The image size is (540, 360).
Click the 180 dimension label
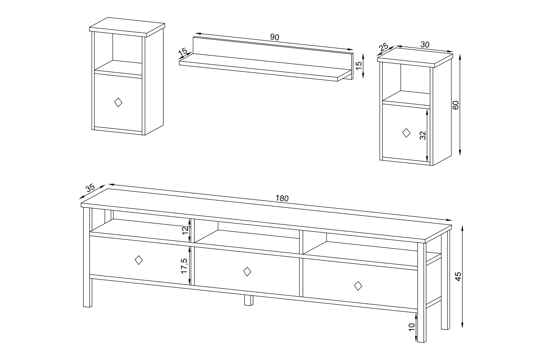(x=282, y=198)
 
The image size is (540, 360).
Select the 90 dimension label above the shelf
(x=274, y=37)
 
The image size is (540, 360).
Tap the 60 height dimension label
(x=456, y=105)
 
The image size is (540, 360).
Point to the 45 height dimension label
(x=458, y=276)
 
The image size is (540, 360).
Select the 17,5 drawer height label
(x=184, y=266)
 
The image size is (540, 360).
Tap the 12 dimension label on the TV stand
(x=185, y=231)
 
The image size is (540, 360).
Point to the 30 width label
(x=425, y=44)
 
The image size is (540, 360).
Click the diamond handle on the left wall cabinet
(x=118, y=102)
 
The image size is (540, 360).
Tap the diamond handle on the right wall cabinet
(x=406, y=133)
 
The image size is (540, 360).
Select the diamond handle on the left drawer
(x=139, y=260)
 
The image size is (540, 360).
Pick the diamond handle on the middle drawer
(x=247, y=271)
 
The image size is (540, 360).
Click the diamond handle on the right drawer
(x=358, y=285)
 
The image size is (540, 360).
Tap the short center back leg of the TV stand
(x=248, y=300)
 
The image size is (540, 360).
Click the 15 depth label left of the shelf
(x=183, y=52)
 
